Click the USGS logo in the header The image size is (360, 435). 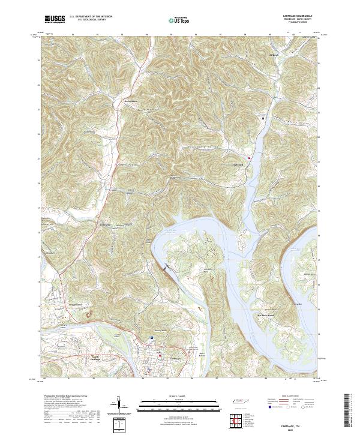click(x=55, y=19)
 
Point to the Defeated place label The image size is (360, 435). click(x=274, y=55)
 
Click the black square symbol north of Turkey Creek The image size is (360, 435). click(x=263, y=118)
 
